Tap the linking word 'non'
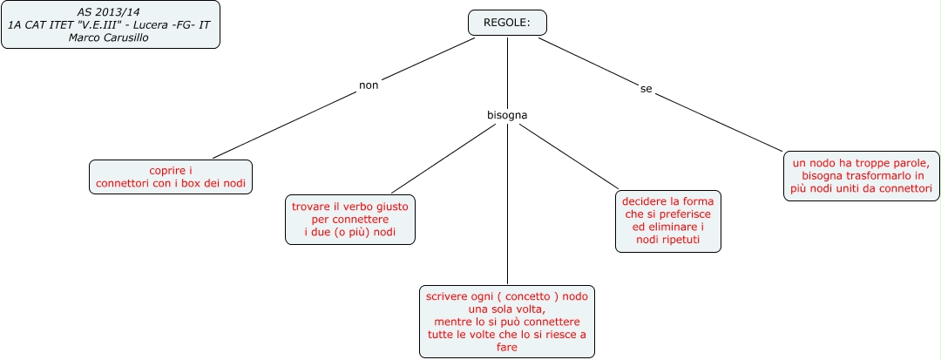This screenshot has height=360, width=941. (x=369, y=85)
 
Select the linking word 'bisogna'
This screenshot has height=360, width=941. (x=507, y=115)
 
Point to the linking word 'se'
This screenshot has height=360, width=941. (x=646, y=89)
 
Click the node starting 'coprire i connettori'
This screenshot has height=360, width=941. (x=171, y=176)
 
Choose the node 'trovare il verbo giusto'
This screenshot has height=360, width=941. (x=350, y=219)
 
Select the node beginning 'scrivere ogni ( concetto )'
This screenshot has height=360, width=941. (x=507, y=322)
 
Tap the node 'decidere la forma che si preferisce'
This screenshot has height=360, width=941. (x=668, y=221)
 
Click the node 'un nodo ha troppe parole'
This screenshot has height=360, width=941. (x=860, y=174)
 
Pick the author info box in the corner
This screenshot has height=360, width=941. (x=110, y=24)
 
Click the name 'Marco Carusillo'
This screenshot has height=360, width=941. (x=109, y=38)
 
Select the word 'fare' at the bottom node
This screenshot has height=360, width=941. (x=506, y=347)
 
